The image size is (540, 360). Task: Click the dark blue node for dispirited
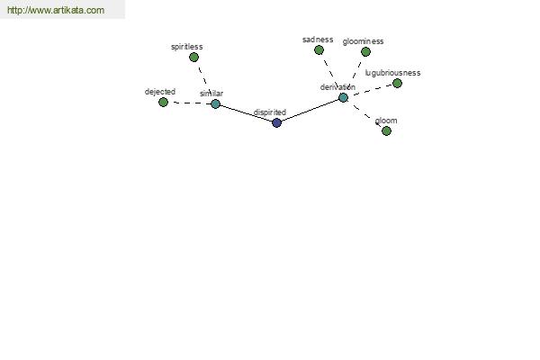(x=276, y=122)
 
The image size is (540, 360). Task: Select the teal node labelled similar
(x=215, y=103)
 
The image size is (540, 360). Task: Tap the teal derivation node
(x=343, y=97)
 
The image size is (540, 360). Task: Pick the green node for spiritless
(x=193, y=58)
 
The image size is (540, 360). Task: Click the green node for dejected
(x=163, y=102)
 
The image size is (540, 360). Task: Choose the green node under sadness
(x=319, y=50)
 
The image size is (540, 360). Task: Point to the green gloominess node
(x=365, y=51)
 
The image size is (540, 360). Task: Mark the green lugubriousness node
(x=397, y=83)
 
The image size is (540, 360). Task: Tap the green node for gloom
(x=386, y=130)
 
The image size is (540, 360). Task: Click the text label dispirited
(x=270, y=112)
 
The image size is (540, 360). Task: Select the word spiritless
(x=187, y=47)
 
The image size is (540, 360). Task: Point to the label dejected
(x=160, y=92)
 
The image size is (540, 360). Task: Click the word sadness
(x=318, y=40)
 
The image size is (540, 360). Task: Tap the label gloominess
(x=363, y=41)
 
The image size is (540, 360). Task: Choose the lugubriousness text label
(x=392, y=73)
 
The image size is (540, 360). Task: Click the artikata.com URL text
(x=56, y=10)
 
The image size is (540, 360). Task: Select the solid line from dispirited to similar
(x=246, y=113)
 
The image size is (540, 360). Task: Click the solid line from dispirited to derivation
(x=310, y=110)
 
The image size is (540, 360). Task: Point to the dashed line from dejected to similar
(x=189, y=103)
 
